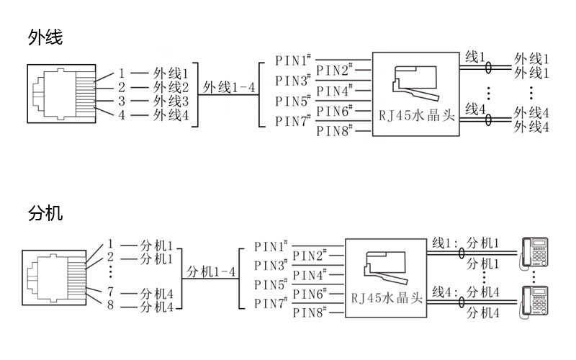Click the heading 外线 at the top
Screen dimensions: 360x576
tap(45, 37)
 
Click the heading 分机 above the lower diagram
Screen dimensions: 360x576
tap(45, 214)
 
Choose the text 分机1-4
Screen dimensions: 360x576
tap(212, 272)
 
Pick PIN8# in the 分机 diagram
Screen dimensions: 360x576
tap(310, 313)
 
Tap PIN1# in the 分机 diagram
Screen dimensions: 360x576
tap(271, 246)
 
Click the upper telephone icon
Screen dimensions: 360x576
tap(535, 251)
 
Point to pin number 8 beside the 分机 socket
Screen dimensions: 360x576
tap(111, 307)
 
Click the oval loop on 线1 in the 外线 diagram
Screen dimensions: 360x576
tap(489, 68)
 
